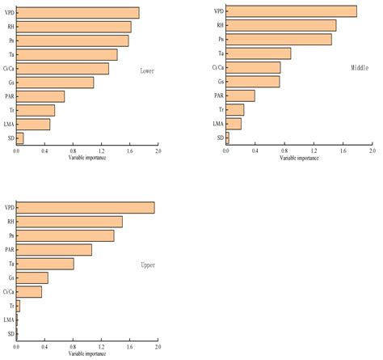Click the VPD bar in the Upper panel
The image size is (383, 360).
click(x=85, y=208)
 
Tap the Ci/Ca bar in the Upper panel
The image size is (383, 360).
click(x=29, y=292)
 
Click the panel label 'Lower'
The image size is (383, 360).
click(x=146, y=70)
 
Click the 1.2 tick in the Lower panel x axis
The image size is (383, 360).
click(x=101, y=150)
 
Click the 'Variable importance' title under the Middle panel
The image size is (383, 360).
click(x=299, y=158)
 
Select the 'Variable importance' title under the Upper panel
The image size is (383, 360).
click(x=87, y=354)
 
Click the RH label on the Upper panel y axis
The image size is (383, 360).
click(x=11, y=222)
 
